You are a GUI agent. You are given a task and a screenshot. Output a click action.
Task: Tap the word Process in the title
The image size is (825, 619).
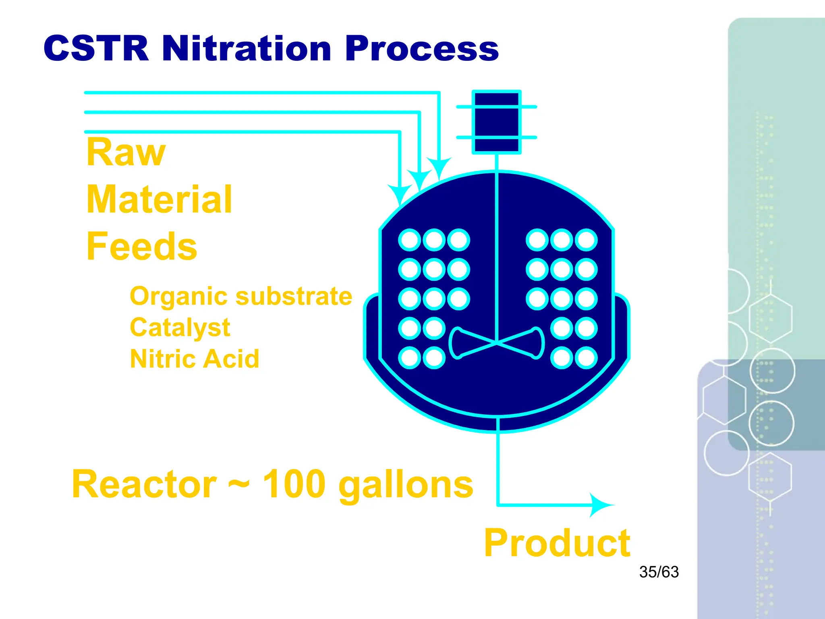[421, 49]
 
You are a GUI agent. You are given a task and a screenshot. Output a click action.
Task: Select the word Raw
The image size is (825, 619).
[126, 152]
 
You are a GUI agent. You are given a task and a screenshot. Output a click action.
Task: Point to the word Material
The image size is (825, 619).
[160, 199]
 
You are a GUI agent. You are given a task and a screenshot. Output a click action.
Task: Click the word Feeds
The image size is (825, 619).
[142, 247]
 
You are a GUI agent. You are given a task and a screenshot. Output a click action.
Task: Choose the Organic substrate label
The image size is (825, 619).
[241, 297]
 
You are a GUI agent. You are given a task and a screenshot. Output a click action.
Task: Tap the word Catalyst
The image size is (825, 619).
[180, 328]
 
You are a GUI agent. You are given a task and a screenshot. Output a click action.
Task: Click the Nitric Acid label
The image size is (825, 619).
[194, 359]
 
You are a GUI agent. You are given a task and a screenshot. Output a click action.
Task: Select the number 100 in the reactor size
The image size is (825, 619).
[294, 484]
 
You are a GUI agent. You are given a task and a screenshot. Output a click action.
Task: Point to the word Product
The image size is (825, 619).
[557, 543]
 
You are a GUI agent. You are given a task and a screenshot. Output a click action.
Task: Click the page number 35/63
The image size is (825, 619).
[659, 572]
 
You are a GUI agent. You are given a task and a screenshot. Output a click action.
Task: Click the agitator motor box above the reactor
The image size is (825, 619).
[497, 122]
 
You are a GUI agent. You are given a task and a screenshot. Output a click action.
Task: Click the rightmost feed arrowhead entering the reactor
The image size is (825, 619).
[439, 168]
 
